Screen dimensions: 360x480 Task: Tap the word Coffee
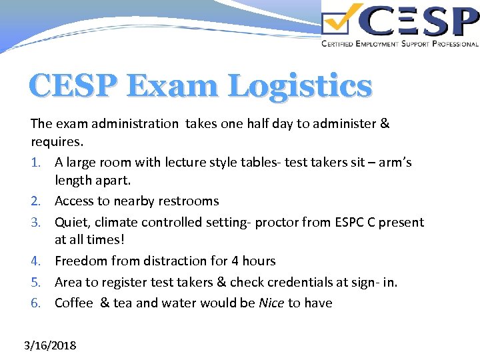pyautogui.click(x=75, y=303)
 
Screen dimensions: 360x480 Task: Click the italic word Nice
pyautogui.click(x=271, y=303)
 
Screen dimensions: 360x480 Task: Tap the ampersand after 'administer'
pyautogui.click(x=384, y=123)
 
